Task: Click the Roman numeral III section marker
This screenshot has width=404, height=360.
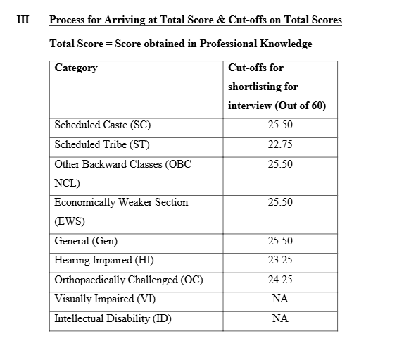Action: pos(23,20)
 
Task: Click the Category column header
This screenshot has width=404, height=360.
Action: pos(76,68)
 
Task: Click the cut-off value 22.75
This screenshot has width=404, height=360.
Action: pos(279,145)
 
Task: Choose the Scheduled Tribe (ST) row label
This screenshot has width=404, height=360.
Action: pos(102,145)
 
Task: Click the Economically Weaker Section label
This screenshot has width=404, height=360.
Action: pos(121,202)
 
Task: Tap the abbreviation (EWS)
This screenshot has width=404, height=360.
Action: pos(70,221)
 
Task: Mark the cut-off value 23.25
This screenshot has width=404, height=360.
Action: pos(279,260)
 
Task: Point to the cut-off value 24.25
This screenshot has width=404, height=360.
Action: pos(279,279)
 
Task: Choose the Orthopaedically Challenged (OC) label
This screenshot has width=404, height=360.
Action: pos(129,279)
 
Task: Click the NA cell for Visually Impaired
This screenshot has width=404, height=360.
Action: pos(279,299)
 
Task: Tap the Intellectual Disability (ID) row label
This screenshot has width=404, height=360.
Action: pos(113,318)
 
